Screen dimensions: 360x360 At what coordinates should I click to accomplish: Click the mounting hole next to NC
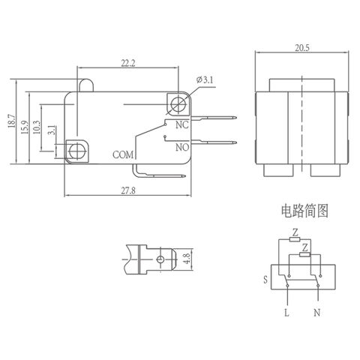[178, 103]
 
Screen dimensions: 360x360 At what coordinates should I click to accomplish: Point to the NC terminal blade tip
[232, 117]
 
